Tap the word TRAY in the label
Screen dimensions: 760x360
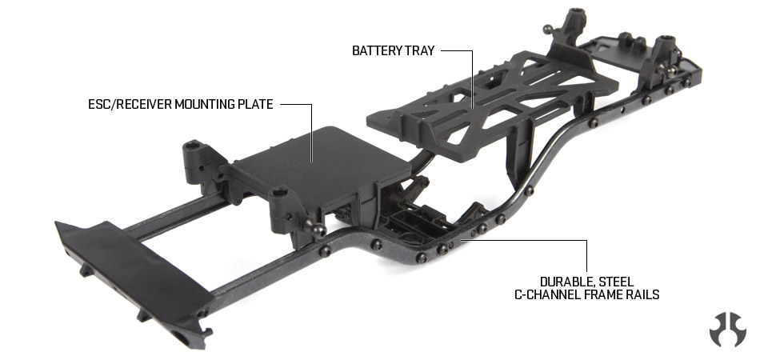[x=420, y=51]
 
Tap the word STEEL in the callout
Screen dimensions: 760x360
[x=616, y=282]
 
